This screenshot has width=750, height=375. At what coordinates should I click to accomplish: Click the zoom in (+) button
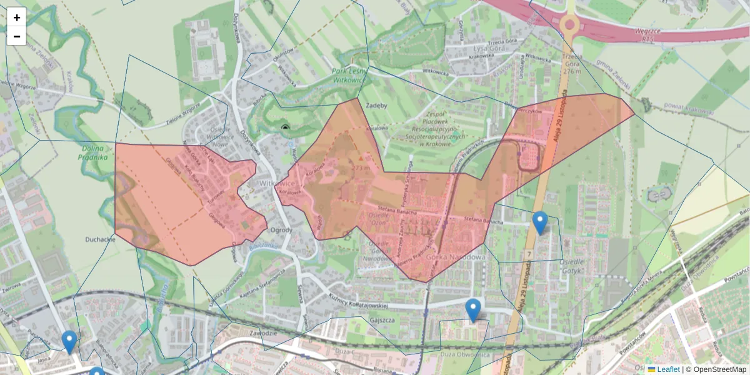[16, 17]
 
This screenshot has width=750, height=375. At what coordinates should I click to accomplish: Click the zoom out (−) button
[16, 36]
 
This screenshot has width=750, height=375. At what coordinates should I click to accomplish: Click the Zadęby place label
[377, 106]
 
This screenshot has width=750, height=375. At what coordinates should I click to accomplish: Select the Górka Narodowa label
[456, 257]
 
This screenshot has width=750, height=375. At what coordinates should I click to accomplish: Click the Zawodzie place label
[263, 333]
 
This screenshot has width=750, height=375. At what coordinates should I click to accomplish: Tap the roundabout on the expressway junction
[569, 26]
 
